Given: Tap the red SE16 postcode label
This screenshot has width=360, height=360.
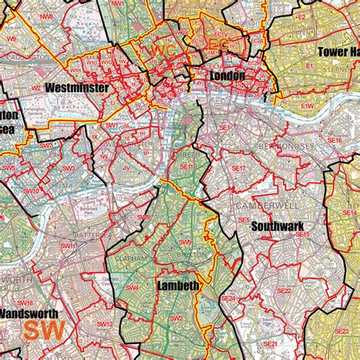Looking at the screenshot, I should tap(335, 141).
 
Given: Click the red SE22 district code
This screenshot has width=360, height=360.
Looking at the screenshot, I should tap(283, 291).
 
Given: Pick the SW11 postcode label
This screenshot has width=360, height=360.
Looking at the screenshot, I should tap(68, 246).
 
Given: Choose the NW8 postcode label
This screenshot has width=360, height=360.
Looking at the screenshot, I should tap(48, 15).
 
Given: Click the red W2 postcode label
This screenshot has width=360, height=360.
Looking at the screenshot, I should tap(36, 88).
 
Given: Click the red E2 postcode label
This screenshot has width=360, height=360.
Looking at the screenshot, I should tap(301, 15).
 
